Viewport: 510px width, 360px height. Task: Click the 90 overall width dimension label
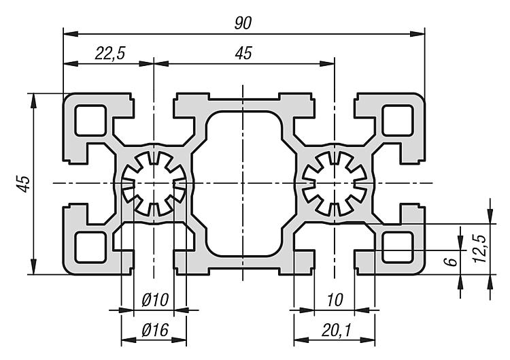(243, 22)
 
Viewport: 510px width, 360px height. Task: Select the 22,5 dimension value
(107, 55)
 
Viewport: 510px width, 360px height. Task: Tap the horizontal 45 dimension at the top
(242, 55)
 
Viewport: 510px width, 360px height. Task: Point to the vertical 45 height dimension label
(22, 184)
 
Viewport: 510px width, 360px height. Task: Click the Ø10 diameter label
(154, 301)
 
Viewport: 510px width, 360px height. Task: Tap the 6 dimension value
(449, 262)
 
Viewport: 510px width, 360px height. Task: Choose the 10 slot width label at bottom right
(334, 301)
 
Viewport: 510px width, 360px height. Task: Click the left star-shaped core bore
(154, 183)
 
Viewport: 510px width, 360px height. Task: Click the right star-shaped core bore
(335, 183)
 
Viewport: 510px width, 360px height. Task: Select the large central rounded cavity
(243, 183)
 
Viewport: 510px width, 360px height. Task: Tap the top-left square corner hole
(90, 121)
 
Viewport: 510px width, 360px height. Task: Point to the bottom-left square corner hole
(90, 246)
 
